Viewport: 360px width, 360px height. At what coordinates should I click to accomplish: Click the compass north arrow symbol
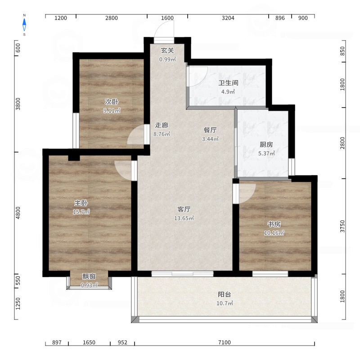[24, 25]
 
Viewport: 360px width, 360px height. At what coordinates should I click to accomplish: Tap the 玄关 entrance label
[167, 50]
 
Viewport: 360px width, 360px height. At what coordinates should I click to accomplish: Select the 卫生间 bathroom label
[228, 83]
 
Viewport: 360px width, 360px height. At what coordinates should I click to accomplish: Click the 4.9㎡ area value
[228, 92]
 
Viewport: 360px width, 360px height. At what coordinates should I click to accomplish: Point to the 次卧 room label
[112, 102]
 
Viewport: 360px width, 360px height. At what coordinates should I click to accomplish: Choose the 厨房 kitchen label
[266, 144]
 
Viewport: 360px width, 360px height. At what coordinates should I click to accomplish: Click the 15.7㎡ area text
[81, 212]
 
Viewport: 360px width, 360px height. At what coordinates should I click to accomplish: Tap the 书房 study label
[274, 224]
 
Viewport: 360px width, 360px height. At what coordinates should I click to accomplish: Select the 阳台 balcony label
[224, 294]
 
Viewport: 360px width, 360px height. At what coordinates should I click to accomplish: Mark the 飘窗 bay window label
[89, 276]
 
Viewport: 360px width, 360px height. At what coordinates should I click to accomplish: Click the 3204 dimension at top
[228, 18]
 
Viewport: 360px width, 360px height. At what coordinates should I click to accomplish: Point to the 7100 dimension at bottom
[224, 342]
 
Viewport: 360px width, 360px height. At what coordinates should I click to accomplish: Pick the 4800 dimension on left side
[18, 213]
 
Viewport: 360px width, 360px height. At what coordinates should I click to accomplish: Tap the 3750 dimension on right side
[342, 226]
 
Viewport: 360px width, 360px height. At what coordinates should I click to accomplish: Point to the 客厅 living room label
[184, 209]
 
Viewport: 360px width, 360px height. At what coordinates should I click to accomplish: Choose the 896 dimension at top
[280, 18]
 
